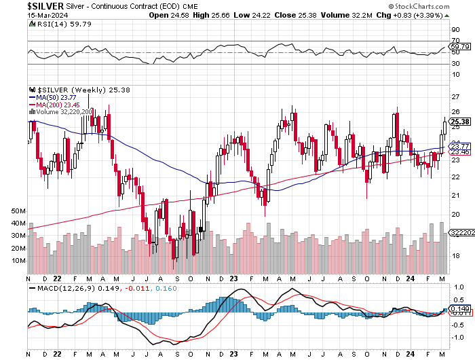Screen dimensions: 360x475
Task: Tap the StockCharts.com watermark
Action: click(433, 5)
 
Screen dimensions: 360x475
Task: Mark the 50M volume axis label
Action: click(18, 211)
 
